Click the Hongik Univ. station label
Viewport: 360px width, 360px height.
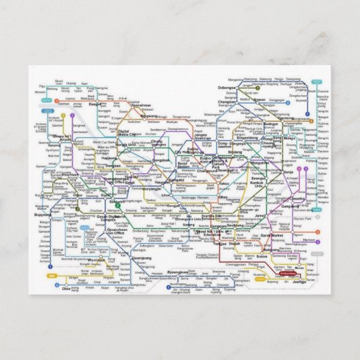(127, 144)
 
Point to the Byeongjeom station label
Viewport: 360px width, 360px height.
(177, 272)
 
